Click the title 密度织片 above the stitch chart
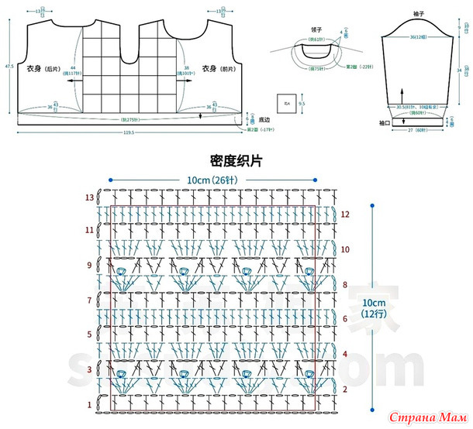point(236,161)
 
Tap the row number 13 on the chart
point(89,197)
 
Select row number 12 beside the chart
point(345,214)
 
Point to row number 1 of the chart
point(90,405)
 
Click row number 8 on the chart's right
point(344,285)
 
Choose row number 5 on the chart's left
point(90,335)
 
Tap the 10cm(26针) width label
point(213,180)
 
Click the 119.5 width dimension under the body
point(128,133)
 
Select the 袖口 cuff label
point(385,122)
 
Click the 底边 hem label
point(263,119)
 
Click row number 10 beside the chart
point(345,249)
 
